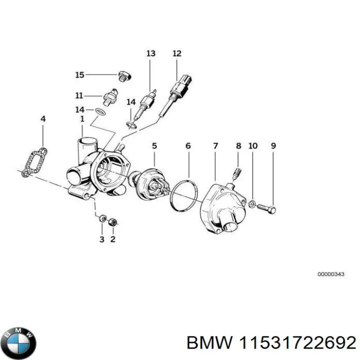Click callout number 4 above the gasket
point(43,119)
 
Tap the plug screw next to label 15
point(123,76)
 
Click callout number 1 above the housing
point(82,119)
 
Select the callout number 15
point(79,75)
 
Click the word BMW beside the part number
point(209,343)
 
